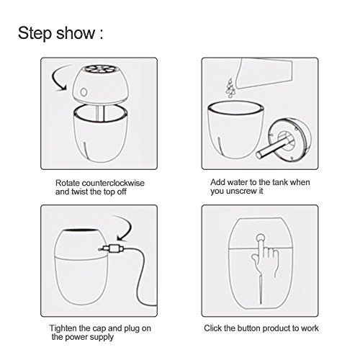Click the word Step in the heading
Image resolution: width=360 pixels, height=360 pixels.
click(35, 33)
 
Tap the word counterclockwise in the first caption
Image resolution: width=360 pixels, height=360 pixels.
click(113, 183)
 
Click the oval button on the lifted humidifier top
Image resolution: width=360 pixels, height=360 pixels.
click(84, 92)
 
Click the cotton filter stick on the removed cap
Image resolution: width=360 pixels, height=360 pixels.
click(271, 148)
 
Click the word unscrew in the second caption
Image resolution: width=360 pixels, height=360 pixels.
click(242, 191)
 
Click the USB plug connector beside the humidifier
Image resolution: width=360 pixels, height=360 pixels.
click(112, 248)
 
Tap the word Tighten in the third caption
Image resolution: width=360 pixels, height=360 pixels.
click(63, 328)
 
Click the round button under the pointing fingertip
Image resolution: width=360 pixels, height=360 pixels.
click(260, 238)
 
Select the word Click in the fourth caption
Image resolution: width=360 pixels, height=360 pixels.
click(213, 328)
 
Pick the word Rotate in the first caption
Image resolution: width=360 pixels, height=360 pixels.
click(68, 183)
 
